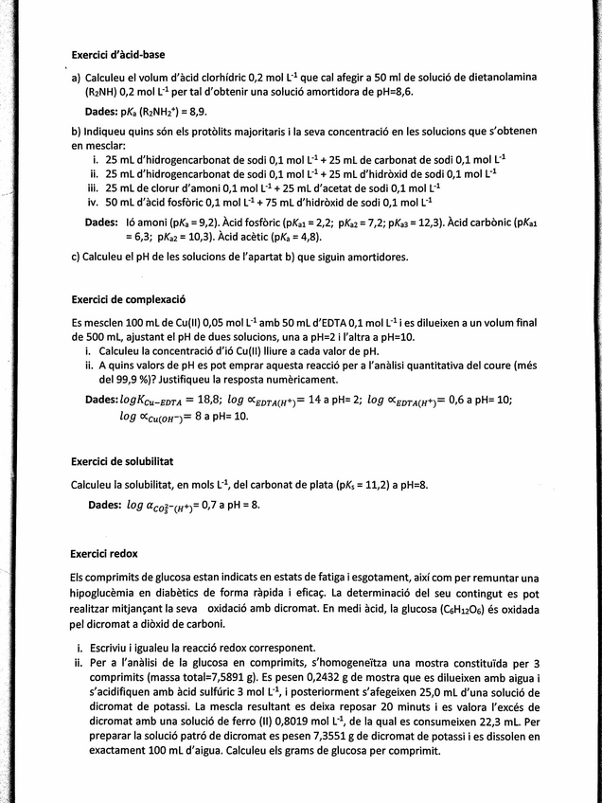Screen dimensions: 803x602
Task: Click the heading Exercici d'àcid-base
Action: [x=118, y=54]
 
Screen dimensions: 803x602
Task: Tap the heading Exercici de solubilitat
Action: [x=122, y=461]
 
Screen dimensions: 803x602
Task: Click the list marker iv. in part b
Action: [x=93, y=202]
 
